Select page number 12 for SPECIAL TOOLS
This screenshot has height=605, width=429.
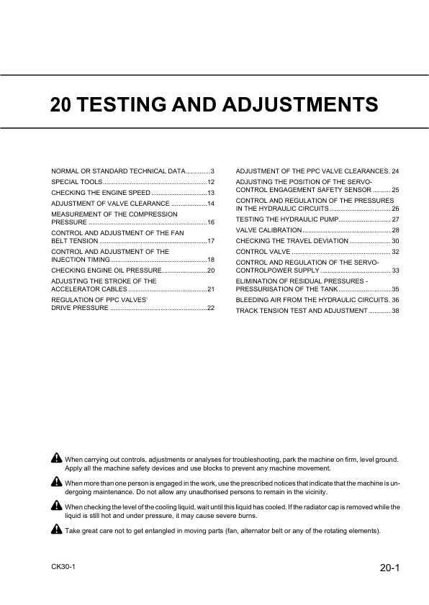tap(211, 183)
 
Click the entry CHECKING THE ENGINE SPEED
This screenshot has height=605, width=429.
tap(101, 194)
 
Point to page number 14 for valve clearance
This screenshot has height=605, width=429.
tap(211, 204)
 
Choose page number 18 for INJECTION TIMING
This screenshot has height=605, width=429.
tap(211, 259)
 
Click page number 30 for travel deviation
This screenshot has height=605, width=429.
tap(395, 240)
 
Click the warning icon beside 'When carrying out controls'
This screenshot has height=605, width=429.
tap(56, 458)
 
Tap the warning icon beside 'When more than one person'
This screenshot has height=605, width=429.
tap(56, 481)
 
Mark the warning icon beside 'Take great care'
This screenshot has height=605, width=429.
tap(56, 530)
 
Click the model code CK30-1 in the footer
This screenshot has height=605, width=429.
tap(63, 567)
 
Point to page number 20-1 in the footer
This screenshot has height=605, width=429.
tap(389, 568)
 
